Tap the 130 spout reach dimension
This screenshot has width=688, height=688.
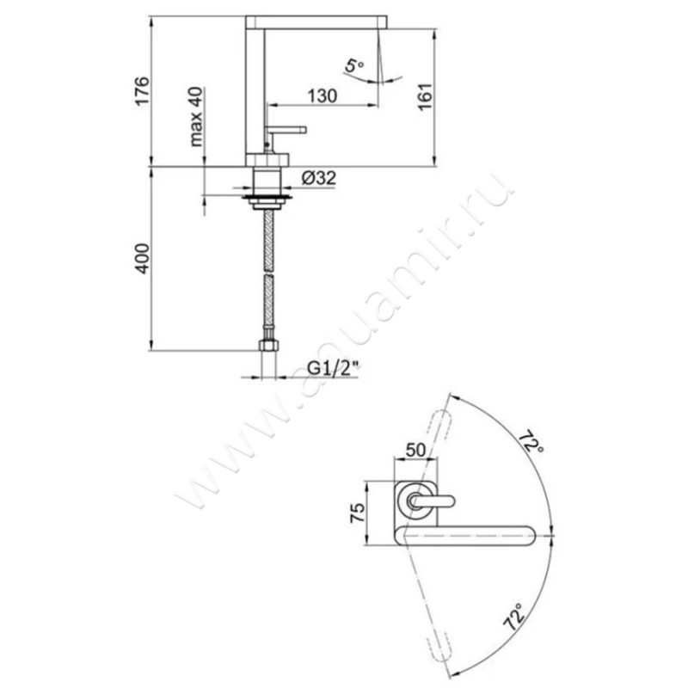coord(321,97)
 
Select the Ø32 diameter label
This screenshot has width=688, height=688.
coord(318,178)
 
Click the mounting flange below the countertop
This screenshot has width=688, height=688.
coord(268,200)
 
